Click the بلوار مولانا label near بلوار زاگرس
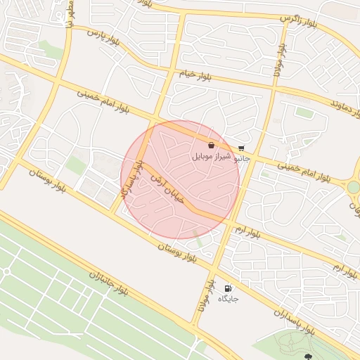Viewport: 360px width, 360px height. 278,60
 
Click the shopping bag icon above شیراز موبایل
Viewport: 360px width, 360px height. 212,146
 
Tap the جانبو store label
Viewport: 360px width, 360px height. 241,158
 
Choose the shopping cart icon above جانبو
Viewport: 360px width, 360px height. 241,148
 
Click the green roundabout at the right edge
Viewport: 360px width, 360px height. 353,187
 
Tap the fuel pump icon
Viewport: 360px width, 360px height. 227,288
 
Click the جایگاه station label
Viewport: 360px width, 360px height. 229,299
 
